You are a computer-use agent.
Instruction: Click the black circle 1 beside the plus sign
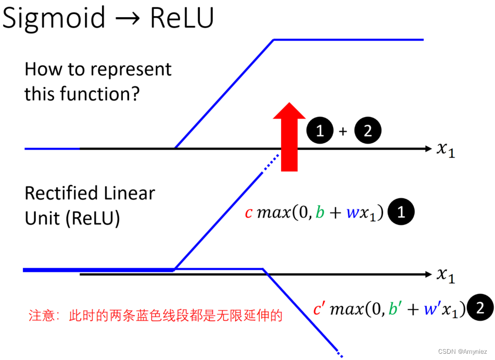[x=320, y=131]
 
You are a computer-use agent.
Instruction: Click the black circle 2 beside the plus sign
[x=367, y=131]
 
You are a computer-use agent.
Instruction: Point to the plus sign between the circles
[x=343, y=132]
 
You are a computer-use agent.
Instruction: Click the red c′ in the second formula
[x=319, y=309]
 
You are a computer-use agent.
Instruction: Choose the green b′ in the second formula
[x=396, y=309]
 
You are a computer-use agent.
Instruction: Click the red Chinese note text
[x=155, y=316]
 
